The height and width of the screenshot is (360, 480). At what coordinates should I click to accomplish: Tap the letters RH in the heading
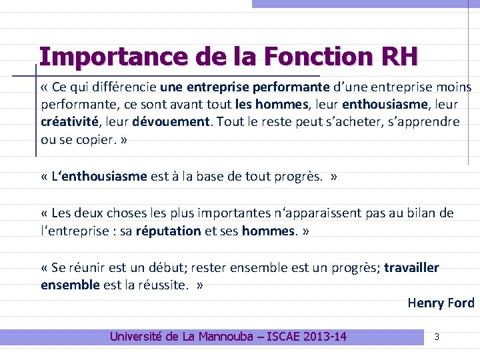(401, 56)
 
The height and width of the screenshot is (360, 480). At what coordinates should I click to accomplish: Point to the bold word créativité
(69, 121)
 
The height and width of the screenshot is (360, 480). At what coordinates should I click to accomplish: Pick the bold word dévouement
(171, 121)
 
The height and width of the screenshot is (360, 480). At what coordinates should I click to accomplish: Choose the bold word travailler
(411, 268)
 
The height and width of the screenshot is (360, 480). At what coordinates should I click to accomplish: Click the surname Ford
(461, 303)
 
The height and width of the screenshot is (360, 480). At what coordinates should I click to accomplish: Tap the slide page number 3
(437, 337)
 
